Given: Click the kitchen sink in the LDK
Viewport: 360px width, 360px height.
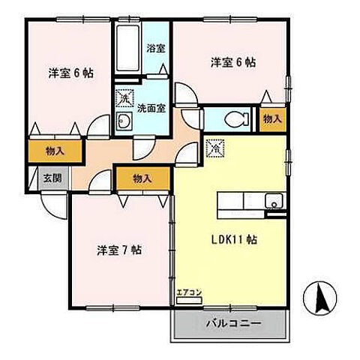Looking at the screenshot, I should [x=274, y=201].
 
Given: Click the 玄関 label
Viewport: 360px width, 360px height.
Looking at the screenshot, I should [x=51, y=178].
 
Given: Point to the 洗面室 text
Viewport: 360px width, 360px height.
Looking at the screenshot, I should [x=151, y=107].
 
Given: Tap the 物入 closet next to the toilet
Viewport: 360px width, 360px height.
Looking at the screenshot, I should [x=273, y=118].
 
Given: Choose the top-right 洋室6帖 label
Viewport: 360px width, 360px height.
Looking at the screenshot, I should [x=232, y=62].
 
